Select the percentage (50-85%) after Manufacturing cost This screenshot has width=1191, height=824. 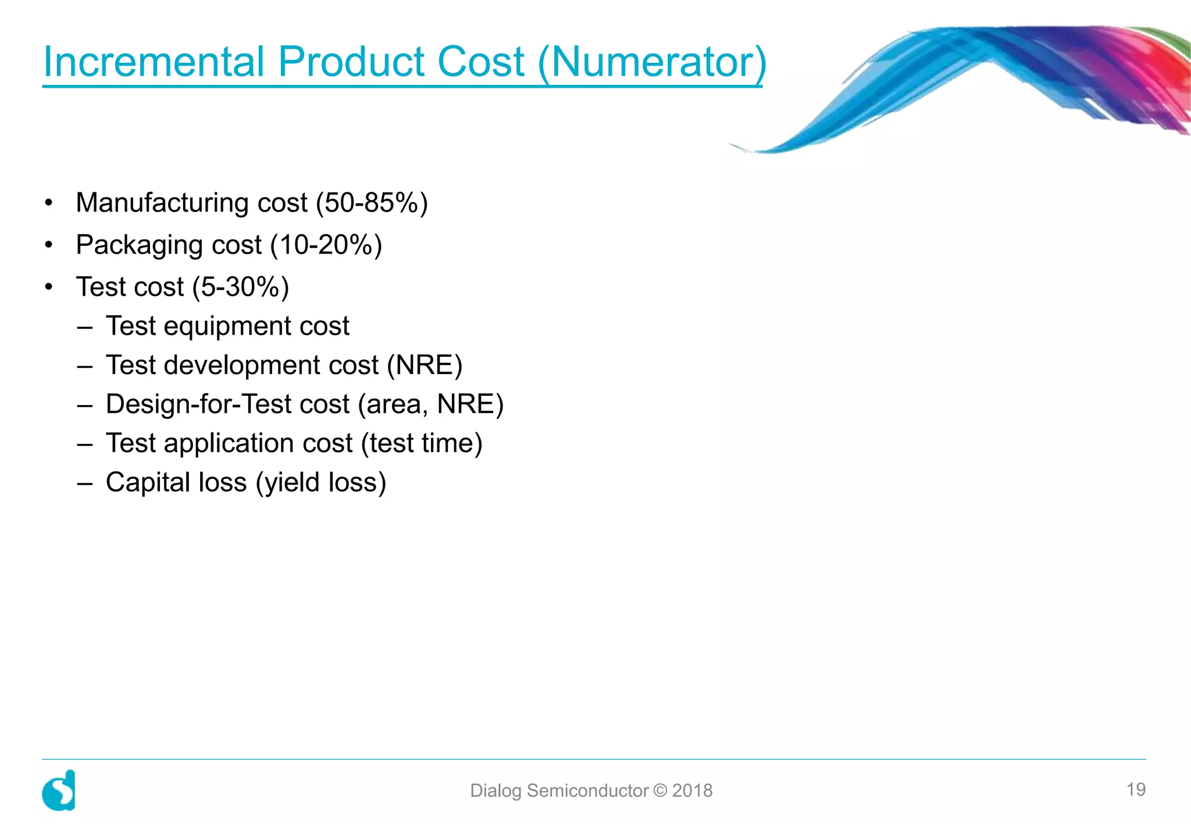coord(372,203)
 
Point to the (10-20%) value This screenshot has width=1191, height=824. coord(326,245)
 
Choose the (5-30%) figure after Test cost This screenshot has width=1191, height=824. coord(241,287)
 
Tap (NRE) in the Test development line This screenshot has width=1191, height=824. coord(425,366)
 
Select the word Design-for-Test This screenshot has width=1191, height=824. coord(227,404)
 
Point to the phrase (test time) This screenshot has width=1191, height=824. coord(422,443)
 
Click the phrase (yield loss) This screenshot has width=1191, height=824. coord(320,482)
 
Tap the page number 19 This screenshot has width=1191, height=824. coord(1136,790)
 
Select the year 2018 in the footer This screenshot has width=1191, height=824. coord(692,791)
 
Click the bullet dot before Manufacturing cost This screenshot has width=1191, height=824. coord(49,203)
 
